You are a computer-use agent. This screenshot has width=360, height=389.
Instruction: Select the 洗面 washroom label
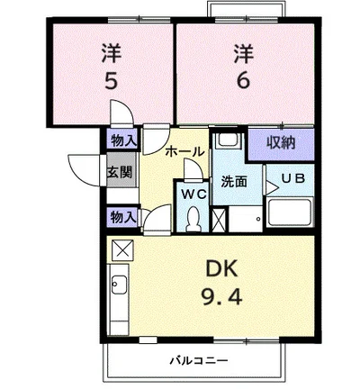click(x=235, y=181)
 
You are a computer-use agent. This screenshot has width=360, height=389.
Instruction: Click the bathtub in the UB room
click(x=288, y=214)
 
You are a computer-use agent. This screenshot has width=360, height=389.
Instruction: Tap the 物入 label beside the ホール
click(x=123, y=140)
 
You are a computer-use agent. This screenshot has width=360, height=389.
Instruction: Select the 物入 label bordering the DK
click(x=123, y=216)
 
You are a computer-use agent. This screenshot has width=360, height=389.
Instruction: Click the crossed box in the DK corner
click(x=121, y=249)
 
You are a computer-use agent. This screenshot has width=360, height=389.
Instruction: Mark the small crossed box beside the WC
click(x=218, y=220)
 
